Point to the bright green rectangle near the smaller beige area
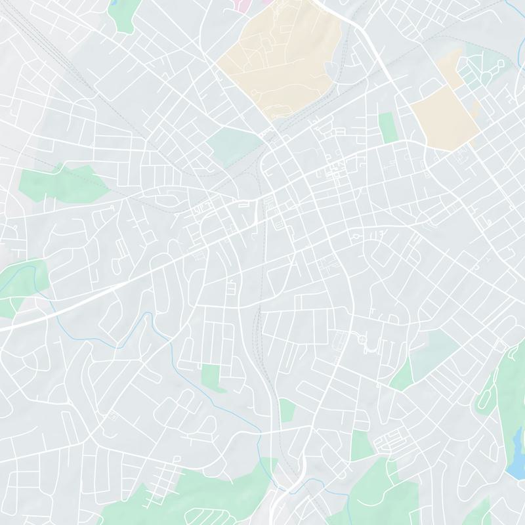pos(387,128)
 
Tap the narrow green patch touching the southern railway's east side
pos(287,410)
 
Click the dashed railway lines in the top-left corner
pos(52,39)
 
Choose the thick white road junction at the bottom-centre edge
pos(289,489)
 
